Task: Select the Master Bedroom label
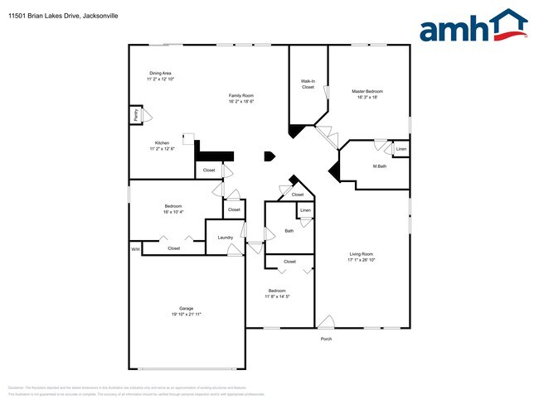(x=367, y=91)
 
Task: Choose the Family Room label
(x=240, y=96)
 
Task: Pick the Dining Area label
(x=161, y=73)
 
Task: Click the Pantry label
(x=135, y=115)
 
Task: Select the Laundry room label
(x=226, y=238)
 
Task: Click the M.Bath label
(x=380, y=166)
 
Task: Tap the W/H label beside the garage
(x=134, y=248)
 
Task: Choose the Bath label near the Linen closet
(x=289, y=231)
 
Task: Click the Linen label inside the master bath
(x=401, y=150)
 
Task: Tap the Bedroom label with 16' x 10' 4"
(x=172, y=206)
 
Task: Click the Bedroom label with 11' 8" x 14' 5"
(x=276, y=291)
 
